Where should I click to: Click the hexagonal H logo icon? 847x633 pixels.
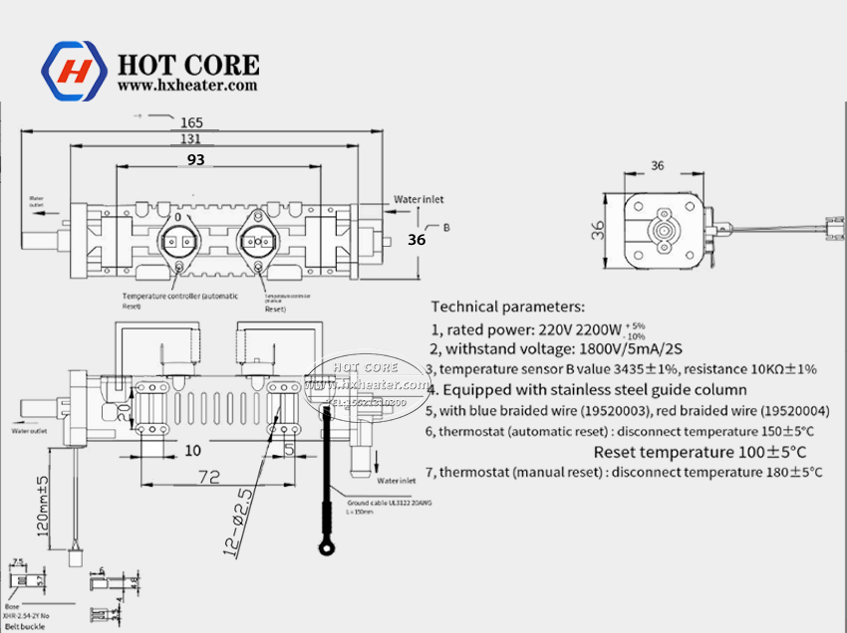(x=73, y=71)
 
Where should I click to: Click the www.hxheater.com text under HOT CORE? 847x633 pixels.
(x=187, y=86)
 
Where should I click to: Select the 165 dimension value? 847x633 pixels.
(x=192, y=122)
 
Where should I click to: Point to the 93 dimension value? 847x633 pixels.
(x=196, y=158)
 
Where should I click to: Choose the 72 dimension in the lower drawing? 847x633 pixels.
(x=207, y=478)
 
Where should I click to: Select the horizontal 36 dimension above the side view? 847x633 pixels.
(x=657, y=166)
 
